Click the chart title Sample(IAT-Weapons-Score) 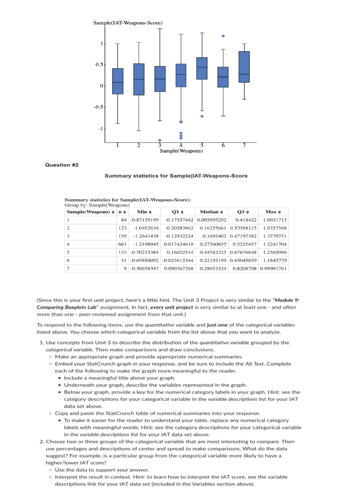click(x=128, y=23)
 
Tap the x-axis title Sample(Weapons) click(x=181, y=151)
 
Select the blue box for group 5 click(x=202, y=68)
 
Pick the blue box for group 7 click(x=244, y=67)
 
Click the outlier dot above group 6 click(x=222, y=36)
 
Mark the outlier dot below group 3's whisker click(x=159, y=140)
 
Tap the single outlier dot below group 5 click(x=202, y=116)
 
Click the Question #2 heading click(x=62, y=165)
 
